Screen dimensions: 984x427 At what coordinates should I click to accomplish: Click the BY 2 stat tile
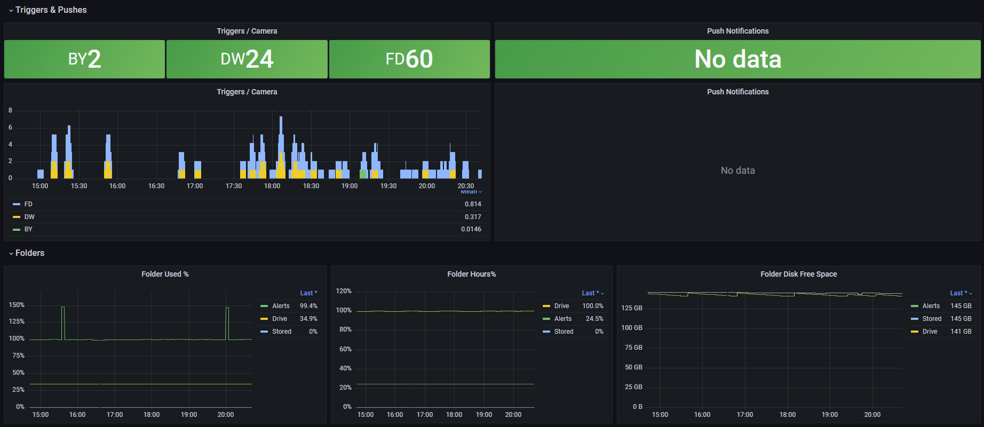[84, 59]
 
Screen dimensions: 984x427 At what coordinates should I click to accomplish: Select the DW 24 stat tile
[247, 59]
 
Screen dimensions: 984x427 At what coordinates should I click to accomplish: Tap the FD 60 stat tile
[409, 59]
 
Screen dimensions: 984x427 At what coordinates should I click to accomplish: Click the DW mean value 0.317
[473, 216]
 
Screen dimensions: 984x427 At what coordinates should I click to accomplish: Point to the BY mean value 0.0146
[471, 229]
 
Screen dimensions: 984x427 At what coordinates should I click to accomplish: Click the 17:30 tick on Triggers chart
[234, 186]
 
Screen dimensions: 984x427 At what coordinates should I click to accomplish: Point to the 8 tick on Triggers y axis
[10, 110]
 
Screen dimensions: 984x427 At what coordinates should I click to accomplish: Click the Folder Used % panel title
[165, 274]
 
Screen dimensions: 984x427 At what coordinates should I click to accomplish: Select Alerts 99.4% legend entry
[289, 306]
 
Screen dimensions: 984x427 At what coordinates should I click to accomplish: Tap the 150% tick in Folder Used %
[17, 305]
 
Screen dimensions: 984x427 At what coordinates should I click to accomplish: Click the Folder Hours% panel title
[472, 274]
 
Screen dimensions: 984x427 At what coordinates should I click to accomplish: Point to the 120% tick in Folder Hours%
[344, 291]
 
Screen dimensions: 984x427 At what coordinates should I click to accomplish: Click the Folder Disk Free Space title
[799, 274]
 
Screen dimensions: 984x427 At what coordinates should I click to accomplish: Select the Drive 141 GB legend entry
[941, 332]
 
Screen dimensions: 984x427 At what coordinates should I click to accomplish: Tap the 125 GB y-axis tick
[632, 308]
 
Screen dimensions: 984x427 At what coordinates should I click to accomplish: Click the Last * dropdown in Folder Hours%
[593, 293]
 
